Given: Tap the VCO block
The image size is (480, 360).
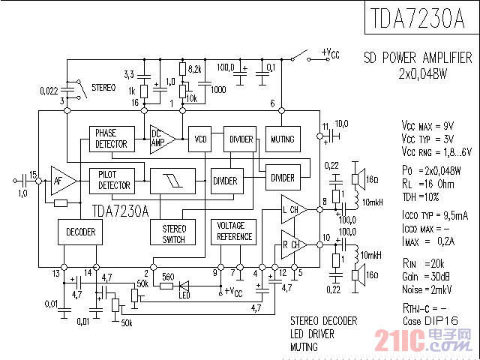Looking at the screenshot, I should click(x=201, y=139).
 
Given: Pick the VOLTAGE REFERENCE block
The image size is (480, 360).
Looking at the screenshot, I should click(x=235, y=231).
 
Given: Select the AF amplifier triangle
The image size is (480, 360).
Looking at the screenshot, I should click(x=61, y=180).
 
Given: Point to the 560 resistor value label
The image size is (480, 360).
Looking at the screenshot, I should click(x=168, y=275).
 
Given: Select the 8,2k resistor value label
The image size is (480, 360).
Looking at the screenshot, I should click(x=194, y=68).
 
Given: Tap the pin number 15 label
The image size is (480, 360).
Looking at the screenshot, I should click(x=32, y=173).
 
